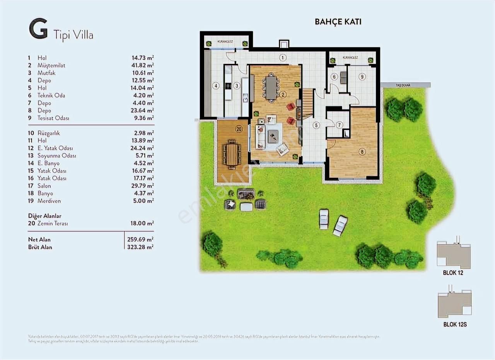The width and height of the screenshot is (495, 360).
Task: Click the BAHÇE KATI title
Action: [x=338, y=22]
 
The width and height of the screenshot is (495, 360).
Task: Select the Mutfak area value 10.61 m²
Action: [x=142, y=73]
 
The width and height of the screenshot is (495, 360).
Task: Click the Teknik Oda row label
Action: [x=51, y=96]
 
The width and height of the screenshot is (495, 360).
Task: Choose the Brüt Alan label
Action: [x=40, y=247]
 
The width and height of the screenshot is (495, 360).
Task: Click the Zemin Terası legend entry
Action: [x=53, y=224]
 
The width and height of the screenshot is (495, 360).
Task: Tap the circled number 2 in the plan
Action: [x=283, y=94]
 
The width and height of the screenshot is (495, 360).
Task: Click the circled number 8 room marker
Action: [x=362, y=152]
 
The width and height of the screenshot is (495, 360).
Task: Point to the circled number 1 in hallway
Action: [x=283, y=58]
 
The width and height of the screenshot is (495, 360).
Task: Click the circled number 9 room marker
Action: [x=362, y=77]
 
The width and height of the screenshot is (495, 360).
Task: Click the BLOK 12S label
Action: [x=455, y=325]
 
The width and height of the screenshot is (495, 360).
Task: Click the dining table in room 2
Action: [x=271, y=87]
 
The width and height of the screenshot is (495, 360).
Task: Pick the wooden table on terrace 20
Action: [x=232, y=154]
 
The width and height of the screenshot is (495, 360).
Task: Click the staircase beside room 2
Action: [x=307, y=102]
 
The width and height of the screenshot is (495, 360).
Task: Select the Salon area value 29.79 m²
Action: [x=142, y=186]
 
